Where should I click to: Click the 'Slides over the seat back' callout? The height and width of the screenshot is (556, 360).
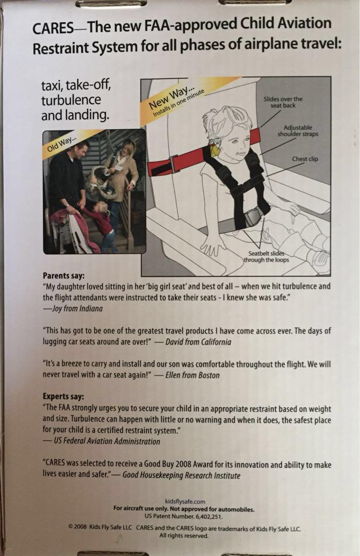tap(283, 102)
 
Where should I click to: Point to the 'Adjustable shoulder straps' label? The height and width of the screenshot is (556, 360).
tap(298, 131)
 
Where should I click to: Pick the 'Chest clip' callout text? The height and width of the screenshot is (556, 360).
tap(305, 159)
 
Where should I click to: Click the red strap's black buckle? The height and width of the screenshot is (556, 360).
tap(174, 163)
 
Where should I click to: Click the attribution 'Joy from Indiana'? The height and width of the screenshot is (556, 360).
tap(77, 308)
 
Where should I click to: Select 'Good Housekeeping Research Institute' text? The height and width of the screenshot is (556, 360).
tap(182, 475)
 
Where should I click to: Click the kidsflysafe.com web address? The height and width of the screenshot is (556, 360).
tap(185, 501)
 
